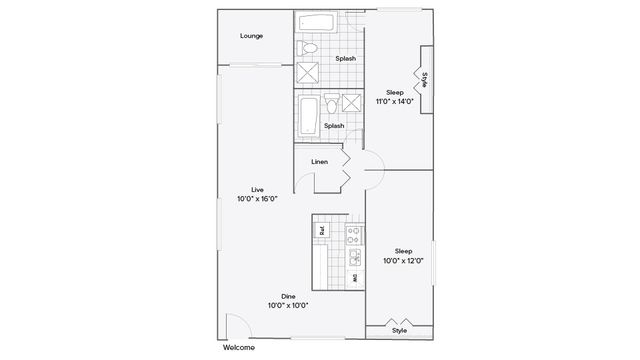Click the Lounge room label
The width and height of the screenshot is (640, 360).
(x=251, y=36)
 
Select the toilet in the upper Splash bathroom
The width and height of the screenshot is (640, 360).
(x=309, y=48)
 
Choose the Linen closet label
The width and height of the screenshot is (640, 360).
(x=319, y=161)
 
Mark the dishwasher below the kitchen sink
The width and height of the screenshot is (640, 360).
(x=354, y=279)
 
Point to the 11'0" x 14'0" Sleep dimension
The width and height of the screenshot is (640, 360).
(x=394, y=101)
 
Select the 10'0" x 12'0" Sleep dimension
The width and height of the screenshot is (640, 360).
(x=402, y=260)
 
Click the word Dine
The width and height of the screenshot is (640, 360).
(x=287, y=296)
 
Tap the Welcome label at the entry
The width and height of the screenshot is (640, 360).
(x=239, y=347)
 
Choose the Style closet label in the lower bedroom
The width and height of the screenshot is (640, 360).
(x=399, y=330)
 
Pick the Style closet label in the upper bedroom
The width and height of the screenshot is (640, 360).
(x=424, y=80)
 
